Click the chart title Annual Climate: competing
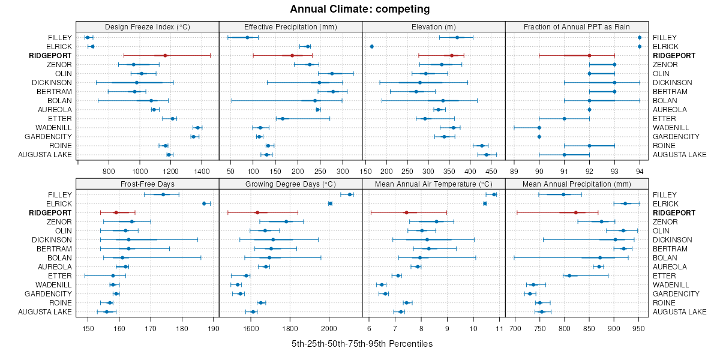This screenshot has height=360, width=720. (360, 9)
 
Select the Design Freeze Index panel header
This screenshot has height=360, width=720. (148, 26)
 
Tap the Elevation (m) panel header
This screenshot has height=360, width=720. (434, 26)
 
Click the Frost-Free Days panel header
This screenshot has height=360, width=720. (148, 184)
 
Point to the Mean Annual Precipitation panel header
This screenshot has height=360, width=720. (577, 184)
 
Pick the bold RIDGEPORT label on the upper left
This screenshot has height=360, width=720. (50, 56)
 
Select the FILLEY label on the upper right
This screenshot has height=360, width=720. (664, 38)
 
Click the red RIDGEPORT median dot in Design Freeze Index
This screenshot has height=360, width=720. (165, 56)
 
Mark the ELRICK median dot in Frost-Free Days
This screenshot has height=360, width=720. (204, 203)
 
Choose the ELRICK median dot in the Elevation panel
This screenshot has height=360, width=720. (372, 47)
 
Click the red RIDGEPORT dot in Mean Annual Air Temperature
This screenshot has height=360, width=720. (406, 212)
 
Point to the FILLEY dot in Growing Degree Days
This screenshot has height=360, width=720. (350, 194)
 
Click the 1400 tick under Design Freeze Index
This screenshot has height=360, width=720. (202, 171)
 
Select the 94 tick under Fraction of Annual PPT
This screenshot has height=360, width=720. (640, 171)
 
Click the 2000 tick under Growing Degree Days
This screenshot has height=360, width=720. (329, 328)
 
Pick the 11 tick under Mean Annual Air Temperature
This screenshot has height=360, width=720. (499, 328)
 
